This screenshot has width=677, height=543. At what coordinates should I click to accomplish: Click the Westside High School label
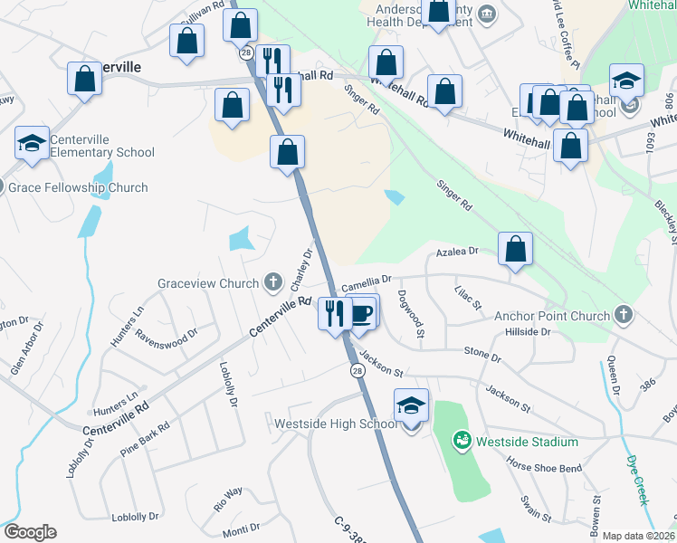[337, 424]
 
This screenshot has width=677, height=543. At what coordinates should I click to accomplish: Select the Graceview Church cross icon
[272, 283]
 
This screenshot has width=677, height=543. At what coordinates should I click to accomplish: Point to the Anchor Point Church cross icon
[622, 316]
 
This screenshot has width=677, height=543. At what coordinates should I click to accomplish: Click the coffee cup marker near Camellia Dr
[362, 311]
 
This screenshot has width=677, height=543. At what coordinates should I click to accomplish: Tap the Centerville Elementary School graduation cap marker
[32, 144]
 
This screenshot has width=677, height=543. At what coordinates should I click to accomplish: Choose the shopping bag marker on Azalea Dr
[515, 249]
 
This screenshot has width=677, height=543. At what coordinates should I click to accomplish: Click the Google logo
[29, 532]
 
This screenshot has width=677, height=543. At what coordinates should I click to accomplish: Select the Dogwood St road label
[417, 313]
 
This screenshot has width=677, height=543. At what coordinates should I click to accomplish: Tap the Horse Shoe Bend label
[544, 467]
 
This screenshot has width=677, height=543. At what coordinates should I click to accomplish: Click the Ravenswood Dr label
[166, 333]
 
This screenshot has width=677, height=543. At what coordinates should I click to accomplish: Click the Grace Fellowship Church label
[77, 188]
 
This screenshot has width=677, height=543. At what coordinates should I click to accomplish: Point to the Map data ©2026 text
[638, 536]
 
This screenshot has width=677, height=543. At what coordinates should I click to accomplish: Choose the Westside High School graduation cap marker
[411, 406]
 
